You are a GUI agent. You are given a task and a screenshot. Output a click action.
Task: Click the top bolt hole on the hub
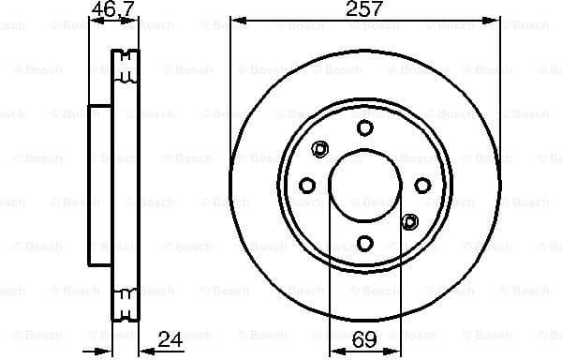[x=364, y=128]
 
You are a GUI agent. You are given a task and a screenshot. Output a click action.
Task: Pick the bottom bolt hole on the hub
[x=364, y=243]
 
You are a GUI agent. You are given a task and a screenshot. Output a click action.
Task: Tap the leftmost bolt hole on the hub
[x=306, y=186]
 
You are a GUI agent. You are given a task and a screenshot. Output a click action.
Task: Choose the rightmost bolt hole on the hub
[x=422, y=186]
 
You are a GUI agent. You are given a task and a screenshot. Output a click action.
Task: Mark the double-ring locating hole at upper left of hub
[x=320, y=148]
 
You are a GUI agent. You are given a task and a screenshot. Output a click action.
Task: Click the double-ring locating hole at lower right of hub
[x=408, y=221]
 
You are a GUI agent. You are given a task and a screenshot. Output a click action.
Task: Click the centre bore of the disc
[x=364, y=186]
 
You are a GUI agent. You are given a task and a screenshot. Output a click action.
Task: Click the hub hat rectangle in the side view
[x=100, y=185]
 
